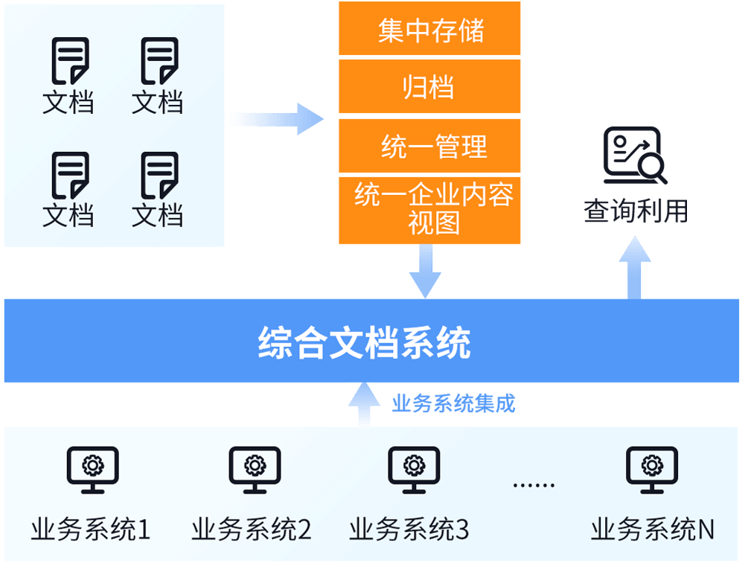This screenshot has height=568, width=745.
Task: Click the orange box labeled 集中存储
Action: [429, 28]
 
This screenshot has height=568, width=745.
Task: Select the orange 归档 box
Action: [429, 86]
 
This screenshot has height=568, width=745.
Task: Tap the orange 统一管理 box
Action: [429, 146]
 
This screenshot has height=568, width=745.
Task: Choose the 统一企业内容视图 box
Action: [429, 211]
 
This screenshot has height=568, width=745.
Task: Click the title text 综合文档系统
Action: [365, 342]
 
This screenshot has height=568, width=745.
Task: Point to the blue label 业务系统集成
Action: [453, 403]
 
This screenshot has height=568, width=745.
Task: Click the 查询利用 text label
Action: [636, 211]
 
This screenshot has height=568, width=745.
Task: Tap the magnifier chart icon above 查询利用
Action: [636, 155]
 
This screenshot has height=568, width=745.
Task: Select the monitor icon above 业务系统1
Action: [92, 470]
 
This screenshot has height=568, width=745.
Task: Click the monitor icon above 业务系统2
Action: [255, 470]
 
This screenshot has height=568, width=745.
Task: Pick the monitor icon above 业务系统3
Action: [414, 470]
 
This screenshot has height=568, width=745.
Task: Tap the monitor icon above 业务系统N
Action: [652, 470]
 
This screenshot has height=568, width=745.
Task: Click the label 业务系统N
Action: [653, 529]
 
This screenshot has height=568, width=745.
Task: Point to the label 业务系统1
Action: [91, 529]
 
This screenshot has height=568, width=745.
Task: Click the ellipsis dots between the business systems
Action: [534, 485]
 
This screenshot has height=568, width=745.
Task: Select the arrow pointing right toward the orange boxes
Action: [277, 119]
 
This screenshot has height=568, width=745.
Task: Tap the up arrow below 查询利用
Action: [635, 267]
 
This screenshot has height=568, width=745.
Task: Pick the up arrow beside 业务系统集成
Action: [364, 404]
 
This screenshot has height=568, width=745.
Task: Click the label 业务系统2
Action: [252, 529]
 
